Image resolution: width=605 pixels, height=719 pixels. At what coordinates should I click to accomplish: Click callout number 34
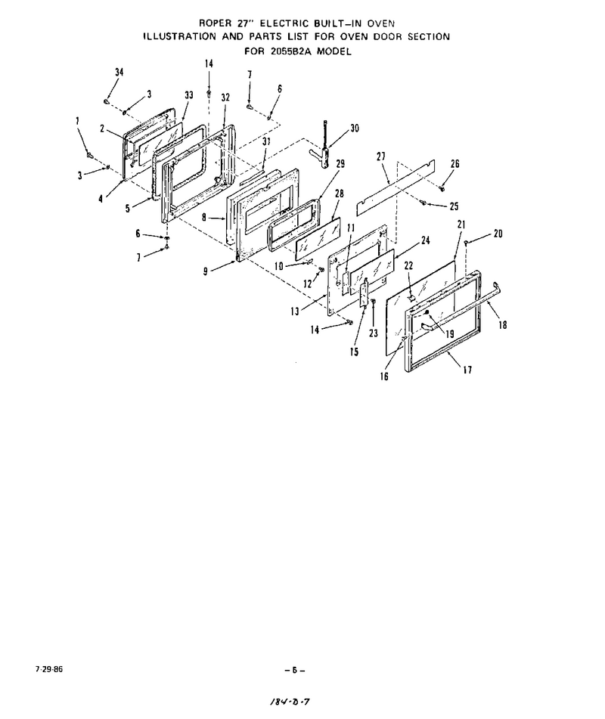pos(119,72)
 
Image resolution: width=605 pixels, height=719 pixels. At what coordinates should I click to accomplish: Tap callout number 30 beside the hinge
pos(355,129)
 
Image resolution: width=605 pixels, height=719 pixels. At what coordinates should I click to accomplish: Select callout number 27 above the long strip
pos(381,157)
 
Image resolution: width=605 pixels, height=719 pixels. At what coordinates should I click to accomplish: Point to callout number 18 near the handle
pos(503,324)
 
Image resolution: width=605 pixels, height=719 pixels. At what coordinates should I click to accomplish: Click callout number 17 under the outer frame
pos(467,370)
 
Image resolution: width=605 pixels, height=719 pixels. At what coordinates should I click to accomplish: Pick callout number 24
pos(425,240)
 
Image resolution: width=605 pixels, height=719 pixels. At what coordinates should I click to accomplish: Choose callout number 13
pos(294,311)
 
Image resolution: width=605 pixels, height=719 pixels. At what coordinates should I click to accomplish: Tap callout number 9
pos(206,271)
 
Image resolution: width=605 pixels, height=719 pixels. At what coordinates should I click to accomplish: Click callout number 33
pos(189,95)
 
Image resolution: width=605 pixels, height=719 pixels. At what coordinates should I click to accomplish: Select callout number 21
pos(461,225)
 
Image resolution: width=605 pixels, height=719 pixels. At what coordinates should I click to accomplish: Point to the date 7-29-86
pos(48,669)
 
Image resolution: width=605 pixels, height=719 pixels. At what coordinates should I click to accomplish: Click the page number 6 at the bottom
pos(294,670)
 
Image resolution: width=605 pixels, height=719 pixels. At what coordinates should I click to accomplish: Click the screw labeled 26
pos(442,188)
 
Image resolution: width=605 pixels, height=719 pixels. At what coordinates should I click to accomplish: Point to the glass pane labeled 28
pos(318,237)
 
